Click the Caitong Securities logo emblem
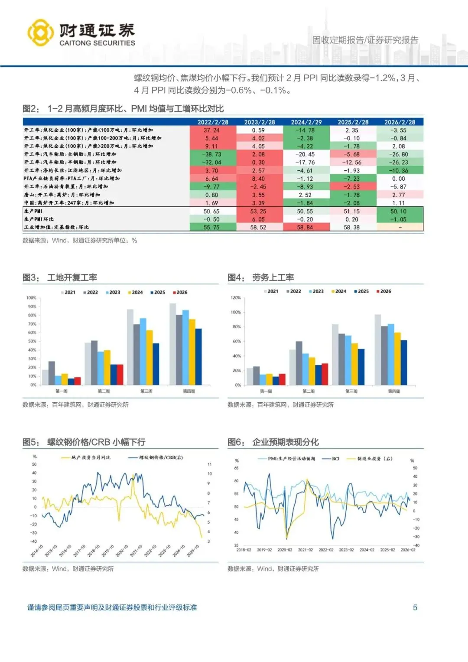tap(40, 33)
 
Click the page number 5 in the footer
tap(415, 607)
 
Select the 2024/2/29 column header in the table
tap(306, 122)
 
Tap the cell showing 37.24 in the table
tap(212, 130)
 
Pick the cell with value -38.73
tap(212, 154)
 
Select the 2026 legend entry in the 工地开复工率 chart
tap(180, 292)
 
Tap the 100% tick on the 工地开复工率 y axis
tap(31, 298)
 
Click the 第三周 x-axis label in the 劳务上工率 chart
tap(351, 391)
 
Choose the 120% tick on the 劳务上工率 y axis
tap(236, 298)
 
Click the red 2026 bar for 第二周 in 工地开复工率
tap(120, 374)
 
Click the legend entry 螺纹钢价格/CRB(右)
tap(156, 457)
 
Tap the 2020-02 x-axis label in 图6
tap(285, 550)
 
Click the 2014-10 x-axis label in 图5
tap(37, 551)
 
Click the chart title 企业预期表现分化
tap(285, 442)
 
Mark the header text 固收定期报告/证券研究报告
tap(365, 40)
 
